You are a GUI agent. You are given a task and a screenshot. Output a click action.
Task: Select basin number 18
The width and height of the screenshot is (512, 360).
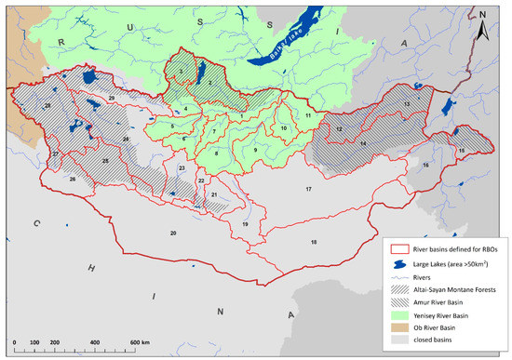coord(314,242)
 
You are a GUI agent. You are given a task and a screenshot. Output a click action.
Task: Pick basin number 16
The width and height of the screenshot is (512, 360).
coord(425,165)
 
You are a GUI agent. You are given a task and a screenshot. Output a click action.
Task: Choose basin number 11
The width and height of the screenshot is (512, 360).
coord(307,115)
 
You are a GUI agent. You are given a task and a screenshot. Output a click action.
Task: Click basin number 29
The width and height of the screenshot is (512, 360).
coord(111,98)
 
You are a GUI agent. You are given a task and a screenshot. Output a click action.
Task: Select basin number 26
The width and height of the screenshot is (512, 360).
coord(73,179)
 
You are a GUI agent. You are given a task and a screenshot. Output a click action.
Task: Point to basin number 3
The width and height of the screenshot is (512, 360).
coord(181,70)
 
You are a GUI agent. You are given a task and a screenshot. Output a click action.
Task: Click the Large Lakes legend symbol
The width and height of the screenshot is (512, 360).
coord(397,261)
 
